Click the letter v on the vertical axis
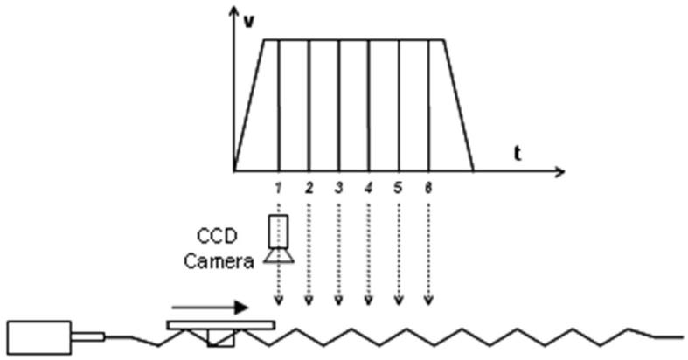[249, 22]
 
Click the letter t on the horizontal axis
[518, 154]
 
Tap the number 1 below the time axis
[278, 188]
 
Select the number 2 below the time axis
[309, 188]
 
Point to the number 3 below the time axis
[338, 188]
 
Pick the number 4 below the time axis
[368, 188]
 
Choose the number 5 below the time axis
[398, 188]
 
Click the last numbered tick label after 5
[428, 188]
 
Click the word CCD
[217, 236]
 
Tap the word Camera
[219, 261]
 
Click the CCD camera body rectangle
[278, 231]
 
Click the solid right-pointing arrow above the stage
[210, 308]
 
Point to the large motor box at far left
[39, 336]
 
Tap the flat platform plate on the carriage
[220, 325]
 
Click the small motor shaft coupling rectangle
[88, 336]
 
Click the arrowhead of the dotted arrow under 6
[428, 301]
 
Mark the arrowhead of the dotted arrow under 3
[338, 301]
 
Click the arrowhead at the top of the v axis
[235, 11]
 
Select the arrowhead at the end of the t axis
[559, 171]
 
